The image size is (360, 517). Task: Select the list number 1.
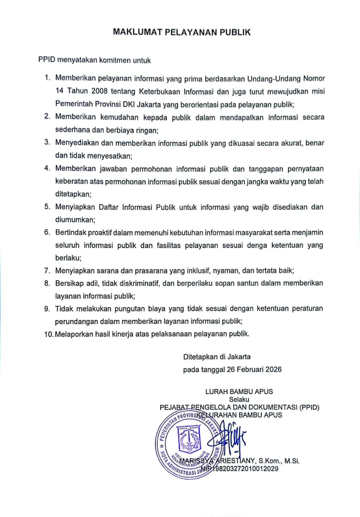47,78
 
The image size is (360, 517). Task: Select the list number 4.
47,168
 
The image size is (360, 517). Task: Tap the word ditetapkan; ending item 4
73,194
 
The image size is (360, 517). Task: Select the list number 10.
48,334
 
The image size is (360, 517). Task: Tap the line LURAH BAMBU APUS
239,391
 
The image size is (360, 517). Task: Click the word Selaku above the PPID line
239,400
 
